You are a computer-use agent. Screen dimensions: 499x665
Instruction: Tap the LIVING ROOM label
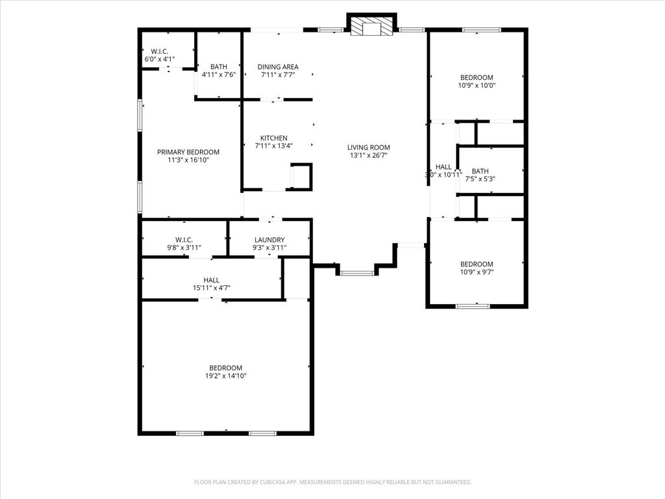pyautogui.click(x=368, y=147)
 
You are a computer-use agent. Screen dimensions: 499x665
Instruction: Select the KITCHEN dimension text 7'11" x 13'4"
pyautogui.click(x=273, y=146)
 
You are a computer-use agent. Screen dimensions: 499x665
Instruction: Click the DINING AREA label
pyautogui.click(x=278, y=67)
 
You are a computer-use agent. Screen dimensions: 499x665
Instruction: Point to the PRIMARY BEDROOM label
pyautogui.click(x=188, y=152)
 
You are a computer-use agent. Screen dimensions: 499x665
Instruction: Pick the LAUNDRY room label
pyautogui.click(x=270, y=240)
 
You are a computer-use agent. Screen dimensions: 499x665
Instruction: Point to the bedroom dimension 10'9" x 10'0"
pyautogui.click(x=477, y=85)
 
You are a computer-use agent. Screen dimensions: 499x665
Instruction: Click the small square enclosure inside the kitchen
pyautogui.click(x=301, y=176)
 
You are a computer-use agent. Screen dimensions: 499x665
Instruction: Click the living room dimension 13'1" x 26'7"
pyautogui.click(x=368, y=155)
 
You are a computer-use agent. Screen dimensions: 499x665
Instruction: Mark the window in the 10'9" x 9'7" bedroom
pyautogui.click(x=473, y=305)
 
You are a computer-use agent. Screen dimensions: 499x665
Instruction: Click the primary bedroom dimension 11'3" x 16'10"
pyautogui.click(x=188, y=160)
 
